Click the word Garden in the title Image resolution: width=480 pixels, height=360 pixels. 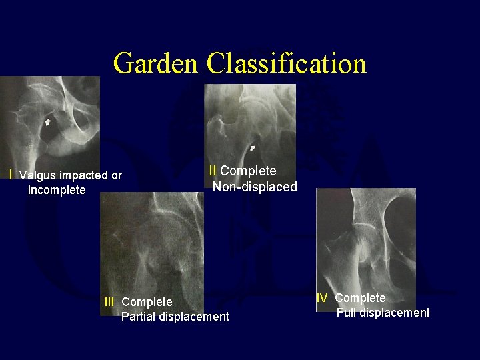pyautogui.click(x=157, y=64)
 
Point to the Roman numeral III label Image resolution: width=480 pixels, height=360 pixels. pyautogui.click(x=109, y=302)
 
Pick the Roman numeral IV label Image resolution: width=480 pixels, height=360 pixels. pyautogui.click(x=322, y=298)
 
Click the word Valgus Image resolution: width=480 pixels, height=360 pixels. pyautogui.click(x=38, y=176)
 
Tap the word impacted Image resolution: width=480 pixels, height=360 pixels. pyautogui.click(x=84, y=176)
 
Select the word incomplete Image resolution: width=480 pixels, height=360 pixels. pyautogui.click(x=57, y=191)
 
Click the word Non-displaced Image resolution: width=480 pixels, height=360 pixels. pyautogui.click(x=255, y=187)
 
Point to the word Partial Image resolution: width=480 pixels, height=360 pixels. pyautogui.click(x=139, y=317)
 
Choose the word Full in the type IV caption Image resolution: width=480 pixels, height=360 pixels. pyautogui.click(x=347, y=313)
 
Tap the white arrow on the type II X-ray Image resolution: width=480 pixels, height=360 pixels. pyautogui.click(x=253, y=147)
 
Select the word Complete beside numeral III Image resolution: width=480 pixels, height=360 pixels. pyautogui.click(x=147, y=302)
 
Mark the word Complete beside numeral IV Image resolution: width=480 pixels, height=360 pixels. pyautogui.click(x=360, y=298)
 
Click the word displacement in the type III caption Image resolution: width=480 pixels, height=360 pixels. pyautogui.click(x=195, y=317)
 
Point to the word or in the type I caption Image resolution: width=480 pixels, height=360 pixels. pyautogui.click(x=117, y=176)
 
